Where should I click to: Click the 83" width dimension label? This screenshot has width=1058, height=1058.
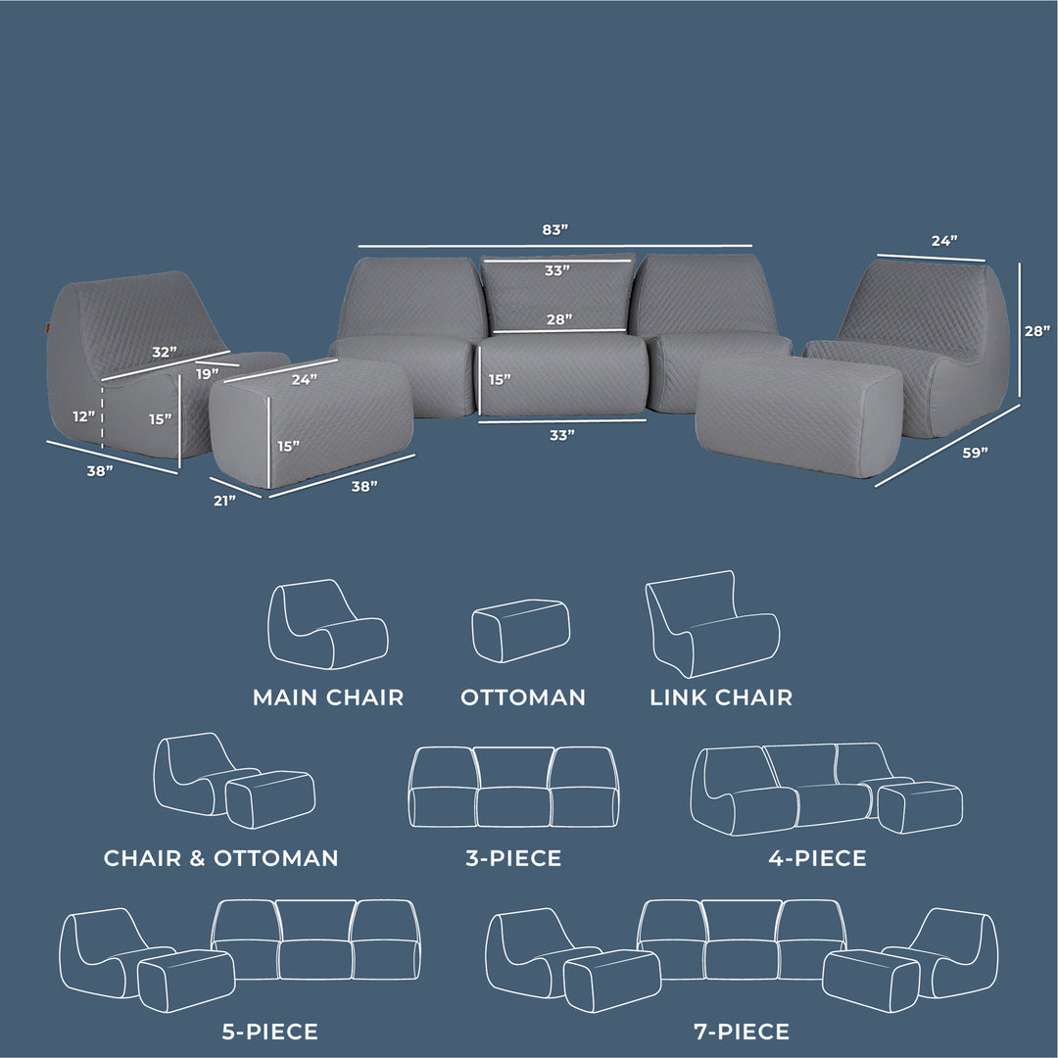click(x=554, y=230)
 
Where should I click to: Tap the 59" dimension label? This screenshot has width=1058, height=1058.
click(x=975, y=453)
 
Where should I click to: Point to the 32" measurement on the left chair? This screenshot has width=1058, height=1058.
click(x=165, y=351)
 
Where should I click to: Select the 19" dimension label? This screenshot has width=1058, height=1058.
click(x=206, y=373)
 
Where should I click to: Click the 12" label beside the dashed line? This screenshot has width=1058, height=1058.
click(x=84, y=416)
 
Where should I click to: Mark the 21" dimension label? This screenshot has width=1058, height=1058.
click(x=224, y=501)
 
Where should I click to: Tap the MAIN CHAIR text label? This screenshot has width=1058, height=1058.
click(x=328, y=697)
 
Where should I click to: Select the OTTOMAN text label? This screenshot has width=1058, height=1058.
click(x=523, y=697)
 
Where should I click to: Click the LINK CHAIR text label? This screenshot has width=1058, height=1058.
click(x=721, y=697)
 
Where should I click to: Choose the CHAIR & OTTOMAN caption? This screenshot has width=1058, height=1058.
click(x=221, y=858)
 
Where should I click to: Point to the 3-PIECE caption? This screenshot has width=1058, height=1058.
click(x=513, y=859)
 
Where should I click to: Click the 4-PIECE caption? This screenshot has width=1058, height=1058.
click(x=818, y=859)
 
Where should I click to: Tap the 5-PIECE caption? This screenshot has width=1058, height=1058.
click(x=269, y=1032)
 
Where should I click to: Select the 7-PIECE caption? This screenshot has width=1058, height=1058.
click(x=741, y=1032)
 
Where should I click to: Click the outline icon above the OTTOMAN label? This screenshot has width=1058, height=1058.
click(x=520, y=631)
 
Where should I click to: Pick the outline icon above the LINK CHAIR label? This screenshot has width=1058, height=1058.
click(x=712, y=624)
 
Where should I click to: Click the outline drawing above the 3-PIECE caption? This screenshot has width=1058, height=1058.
click(x=513, y=788)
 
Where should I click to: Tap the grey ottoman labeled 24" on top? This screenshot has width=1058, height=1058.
click(x=312, y=421)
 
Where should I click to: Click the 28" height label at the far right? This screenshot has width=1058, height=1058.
click(x=1036, y=331)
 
